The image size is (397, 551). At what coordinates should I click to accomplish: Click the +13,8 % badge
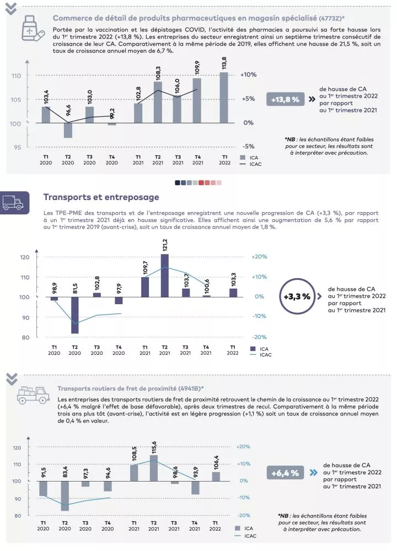click(x=285, y=99)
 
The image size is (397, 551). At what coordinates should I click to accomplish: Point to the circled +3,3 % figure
click(x=297, y=296)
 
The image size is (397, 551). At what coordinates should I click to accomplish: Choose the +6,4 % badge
click(x=285, y=473)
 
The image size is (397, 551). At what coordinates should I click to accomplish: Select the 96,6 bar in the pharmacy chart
click(x=68, y=130)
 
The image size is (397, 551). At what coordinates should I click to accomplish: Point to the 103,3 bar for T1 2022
click(x=233, y=293)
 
